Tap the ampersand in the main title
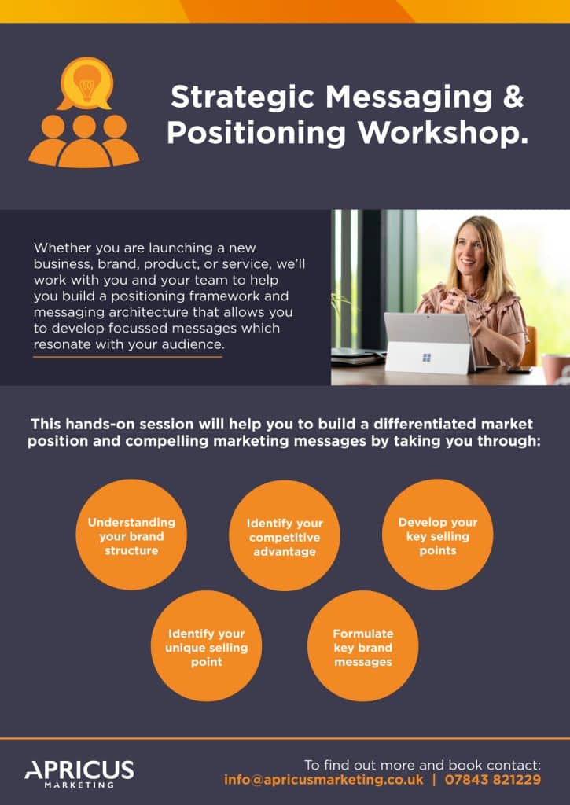point(513,97)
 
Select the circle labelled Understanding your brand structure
point(131,535)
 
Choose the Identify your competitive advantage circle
point(285,535)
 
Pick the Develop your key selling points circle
point(437,535)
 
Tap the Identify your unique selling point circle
point(207,646)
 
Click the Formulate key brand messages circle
point(363,646)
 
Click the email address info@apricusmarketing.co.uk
point(323,780)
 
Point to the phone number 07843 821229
point(492,780)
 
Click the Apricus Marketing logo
point(79,774)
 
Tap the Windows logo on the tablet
point(426,358)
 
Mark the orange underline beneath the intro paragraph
point(128,356)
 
